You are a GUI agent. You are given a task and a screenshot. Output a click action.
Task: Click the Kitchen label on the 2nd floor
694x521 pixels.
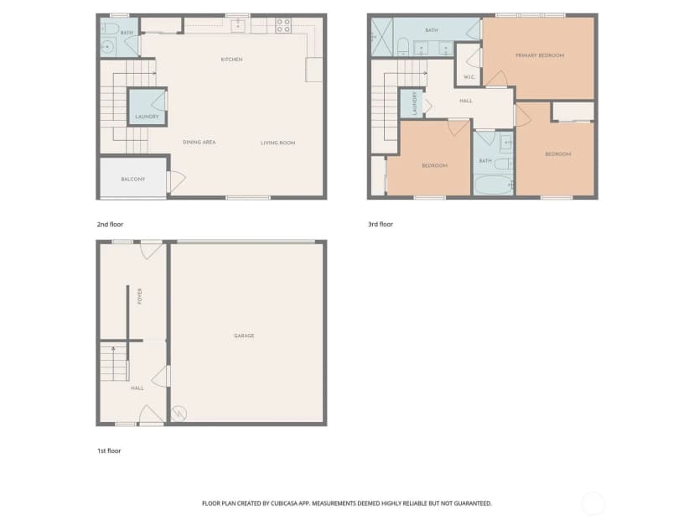pyautogui.click(x=231, y=60)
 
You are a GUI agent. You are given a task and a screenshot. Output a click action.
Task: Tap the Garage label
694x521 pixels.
pyautogui.click(x=244, y=336)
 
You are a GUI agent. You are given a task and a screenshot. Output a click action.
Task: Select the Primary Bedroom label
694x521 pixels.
pyautogui.click(x=540, y=55)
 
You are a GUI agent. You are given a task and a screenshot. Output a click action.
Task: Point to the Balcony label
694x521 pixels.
pyautogui.click(x=132, y=179)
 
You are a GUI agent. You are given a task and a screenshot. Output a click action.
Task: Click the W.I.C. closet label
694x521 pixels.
pyautogui.click(x=469, y=77)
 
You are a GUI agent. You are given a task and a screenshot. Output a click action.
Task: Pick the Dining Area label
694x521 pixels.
pyautogui.click(x=199, y=143)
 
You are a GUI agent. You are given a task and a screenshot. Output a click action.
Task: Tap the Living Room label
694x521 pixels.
pyautogui.click(x=278, y=143)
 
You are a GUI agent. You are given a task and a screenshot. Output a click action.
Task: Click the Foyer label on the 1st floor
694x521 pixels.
pyautogui.click(x=140, y=296)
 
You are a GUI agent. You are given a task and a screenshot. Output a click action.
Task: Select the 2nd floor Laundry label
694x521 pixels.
pyautogui.click(x=147, y=117)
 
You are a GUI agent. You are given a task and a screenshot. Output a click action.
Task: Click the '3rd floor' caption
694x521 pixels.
pyautogui.click(x=381, y=224)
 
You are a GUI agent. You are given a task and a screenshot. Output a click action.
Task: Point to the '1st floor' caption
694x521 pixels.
pyautogui.click(x=109, y=451)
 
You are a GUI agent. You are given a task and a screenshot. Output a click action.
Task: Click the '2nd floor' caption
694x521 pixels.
pyautogui.click(x=110, y=224)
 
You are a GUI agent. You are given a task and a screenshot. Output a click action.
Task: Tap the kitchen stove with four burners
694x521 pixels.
pyautogui.click(x=283, y=26)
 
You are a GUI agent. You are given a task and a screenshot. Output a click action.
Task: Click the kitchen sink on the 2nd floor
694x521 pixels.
pyautogui.click(x=238, y=26)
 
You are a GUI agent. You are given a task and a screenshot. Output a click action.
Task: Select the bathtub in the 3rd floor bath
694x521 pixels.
pyautogui.click(x=493, y=185)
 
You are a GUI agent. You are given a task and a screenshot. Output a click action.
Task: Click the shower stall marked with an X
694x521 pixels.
pyautogui.click(x=381, y=37)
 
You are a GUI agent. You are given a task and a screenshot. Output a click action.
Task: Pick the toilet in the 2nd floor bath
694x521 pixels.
pyautogui.click(x=111, y=29)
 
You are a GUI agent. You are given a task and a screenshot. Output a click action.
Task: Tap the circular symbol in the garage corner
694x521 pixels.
pyautogui.click(x=179, y=414)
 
